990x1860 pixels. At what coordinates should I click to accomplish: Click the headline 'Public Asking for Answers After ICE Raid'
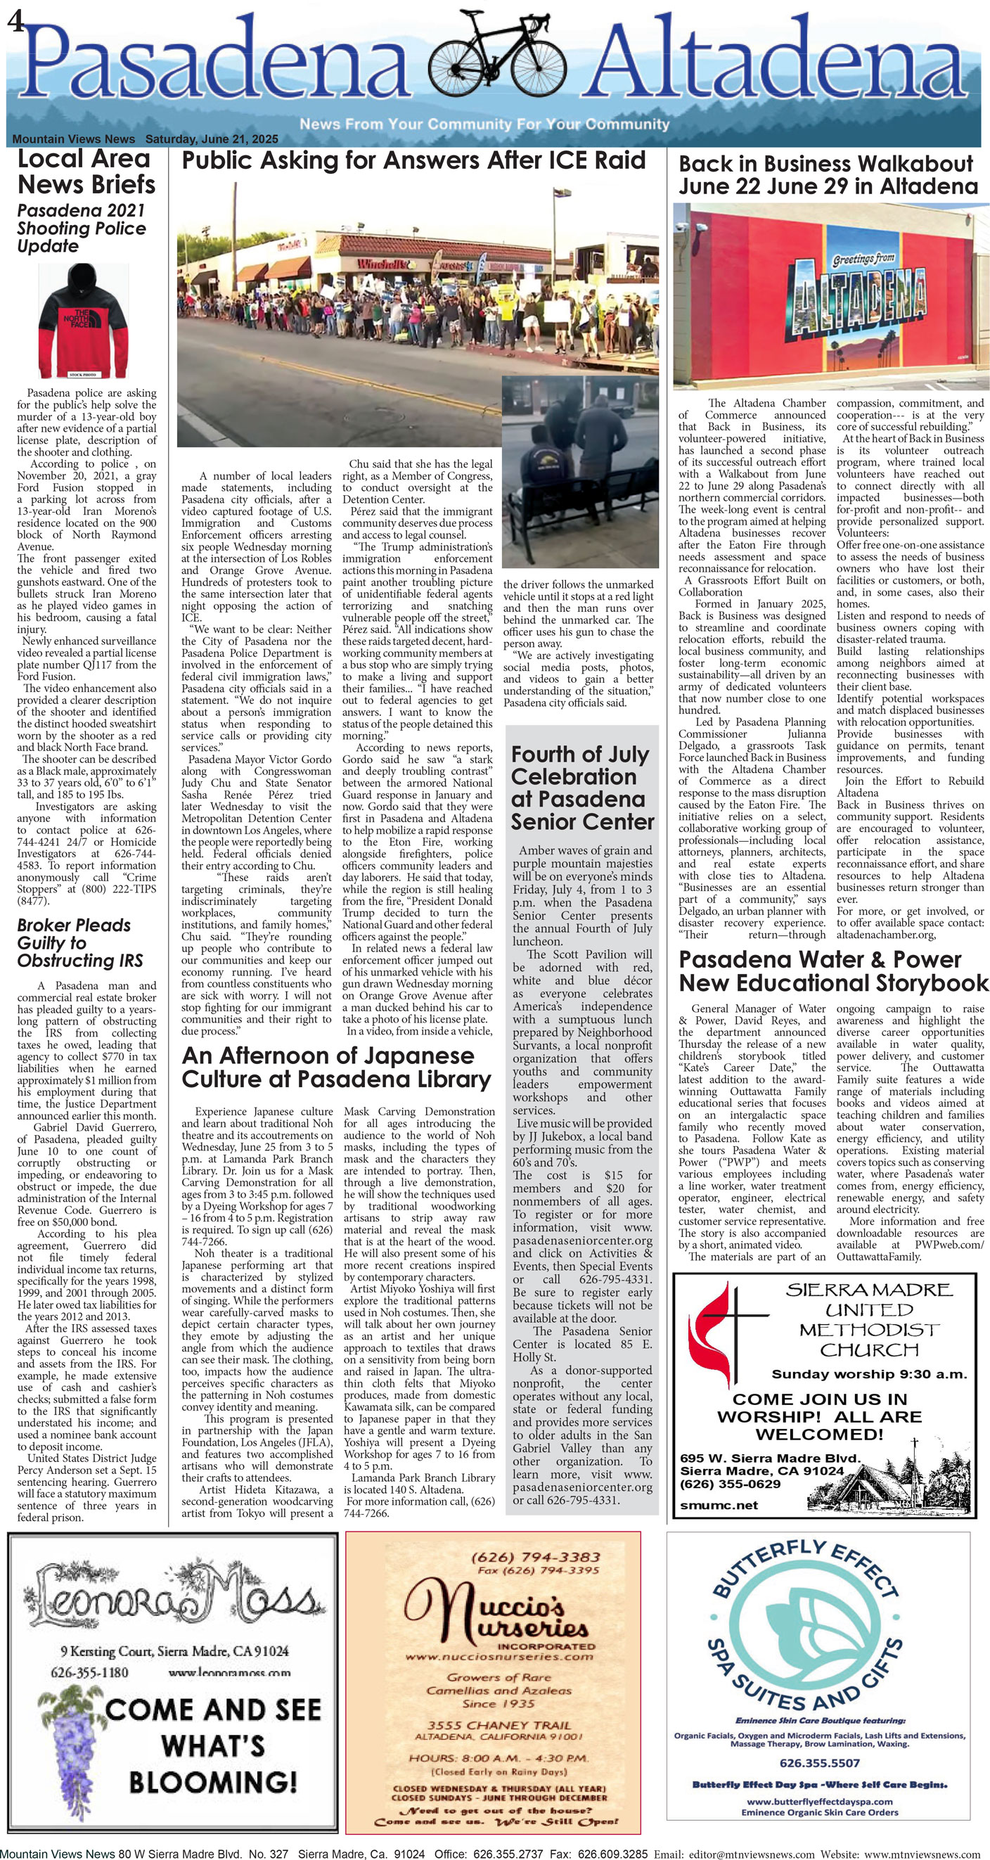(413, 160)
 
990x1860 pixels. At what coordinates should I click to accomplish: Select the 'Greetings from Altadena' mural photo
(830, 296)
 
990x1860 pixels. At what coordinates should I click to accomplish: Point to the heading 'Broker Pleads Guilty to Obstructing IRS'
(80, 942)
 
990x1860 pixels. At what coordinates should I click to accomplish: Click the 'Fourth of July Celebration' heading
(582, 788)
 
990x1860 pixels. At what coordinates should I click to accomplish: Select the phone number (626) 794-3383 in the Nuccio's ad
(535, 1557)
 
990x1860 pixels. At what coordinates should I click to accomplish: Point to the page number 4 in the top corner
(15, 23)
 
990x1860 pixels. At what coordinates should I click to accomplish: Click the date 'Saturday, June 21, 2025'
(212, 139)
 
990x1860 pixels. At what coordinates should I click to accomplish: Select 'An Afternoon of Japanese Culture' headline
(337, 1067)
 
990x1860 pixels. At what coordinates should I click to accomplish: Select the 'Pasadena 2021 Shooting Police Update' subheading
(82, 228)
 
